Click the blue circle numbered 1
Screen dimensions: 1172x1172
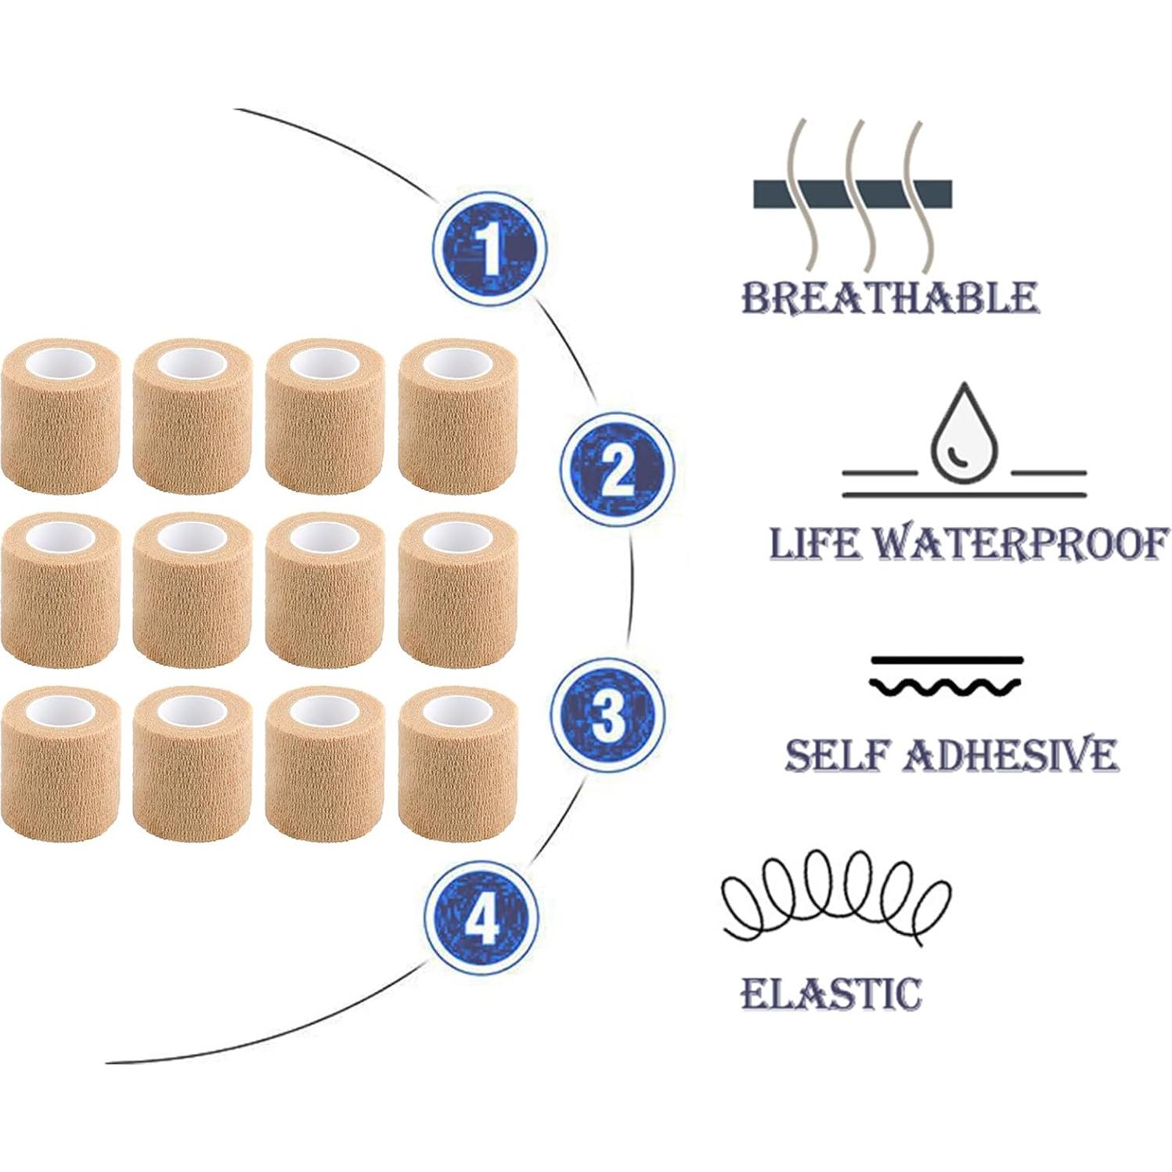489,249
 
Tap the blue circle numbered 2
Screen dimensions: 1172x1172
617,470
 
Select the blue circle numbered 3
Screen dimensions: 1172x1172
608,713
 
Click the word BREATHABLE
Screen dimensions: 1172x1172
889,298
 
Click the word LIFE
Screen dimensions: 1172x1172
814,543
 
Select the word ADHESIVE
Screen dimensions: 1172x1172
1011,755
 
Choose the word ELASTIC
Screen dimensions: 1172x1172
831,993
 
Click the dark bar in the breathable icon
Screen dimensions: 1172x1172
853,194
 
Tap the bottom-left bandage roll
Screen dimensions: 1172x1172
61,763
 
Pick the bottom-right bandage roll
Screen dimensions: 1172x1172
458,763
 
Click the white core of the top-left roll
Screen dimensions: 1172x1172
62,363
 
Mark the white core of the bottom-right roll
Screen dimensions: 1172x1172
458,710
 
